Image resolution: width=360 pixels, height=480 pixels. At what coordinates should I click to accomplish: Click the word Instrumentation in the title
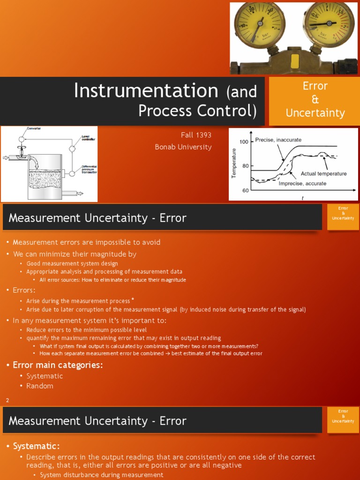pos(146,90)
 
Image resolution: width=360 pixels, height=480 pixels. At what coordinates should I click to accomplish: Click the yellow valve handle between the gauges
pos(295,61)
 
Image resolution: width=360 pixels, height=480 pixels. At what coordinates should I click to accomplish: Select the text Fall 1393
pos(196,135)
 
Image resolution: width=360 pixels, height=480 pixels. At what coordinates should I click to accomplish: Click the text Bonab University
pos(183,147)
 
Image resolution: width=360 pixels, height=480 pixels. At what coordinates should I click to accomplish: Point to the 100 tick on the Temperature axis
pos(244,142)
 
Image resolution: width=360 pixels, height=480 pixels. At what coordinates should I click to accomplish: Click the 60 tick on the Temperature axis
pos(245,190)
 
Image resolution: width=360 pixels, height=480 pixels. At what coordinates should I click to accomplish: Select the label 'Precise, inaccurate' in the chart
pos(278,140)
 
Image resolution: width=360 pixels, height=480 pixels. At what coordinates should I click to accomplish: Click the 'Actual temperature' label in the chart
pos(323,173)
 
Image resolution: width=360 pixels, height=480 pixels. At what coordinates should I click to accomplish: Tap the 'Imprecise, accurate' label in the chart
pos(302,183)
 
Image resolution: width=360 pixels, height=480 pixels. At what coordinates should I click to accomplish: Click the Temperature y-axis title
pos(234,163)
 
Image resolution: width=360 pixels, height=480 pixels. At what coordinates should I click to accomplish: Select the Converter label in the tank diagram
pos(34,128)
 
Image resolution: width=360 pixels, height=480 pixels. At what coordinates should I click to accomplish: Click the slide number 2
pos(7,400)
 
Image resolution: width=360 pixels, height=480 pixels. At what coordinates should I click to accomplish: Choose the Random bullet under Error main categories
pos(40,386)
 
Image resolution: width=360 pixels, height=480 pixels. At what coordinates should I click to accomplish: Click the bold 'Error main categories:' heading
pos(58,365)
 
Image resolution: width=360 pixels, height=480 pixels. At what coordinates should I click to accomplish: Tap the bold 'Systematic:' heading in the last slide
pos(36,446)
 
